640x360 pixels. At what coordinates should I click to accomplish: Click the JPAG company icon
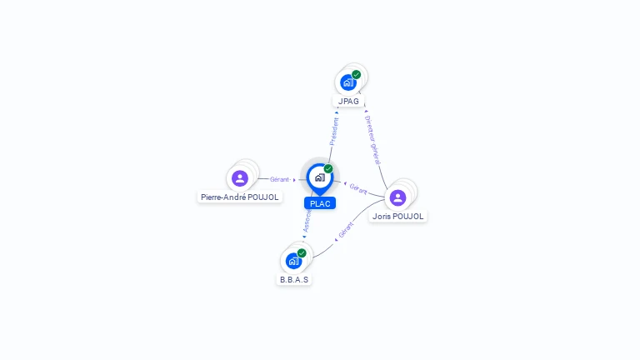point(347,82)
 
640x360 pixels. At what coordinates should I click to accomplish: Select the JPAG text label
point(348,102)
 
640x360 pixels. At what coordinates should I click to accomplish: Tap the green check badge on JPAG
point(357,74)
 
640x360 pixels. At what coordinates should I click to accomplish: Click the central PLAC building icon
point(319,177)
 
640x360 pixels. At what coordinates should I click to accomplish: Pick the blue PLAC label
point(319,203)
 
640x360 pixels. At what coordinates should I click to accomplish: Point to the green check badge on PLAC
point(328,169)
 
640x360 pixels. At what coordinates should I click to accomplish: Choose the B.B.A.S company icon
point(293,261)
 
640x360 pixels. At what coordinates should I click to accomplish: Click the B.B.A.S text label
point(294,280)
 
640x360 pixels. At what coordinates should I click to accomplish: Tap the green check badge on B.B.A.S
point(302,252)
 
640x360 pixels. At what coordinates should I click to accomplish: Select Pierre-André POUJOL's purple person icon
point(240,178)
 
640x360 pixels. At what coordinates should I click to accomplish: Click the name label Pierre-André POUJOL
point(239,197)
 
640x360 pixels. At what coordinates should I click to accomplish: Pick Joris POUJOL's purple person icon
point(397,197)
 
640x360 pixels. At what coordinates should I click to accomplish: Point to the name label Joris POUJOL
point(398,217)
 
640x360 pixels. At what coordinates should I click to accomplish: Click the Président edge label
point(334,131)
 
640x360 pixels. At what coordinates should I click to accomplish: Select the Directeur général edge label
point(372,139)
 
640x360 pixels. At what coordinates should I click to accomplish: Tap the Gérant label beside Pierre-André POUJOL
point(279,179)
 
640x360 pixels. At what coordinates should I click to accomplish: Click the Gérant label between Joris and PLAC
point(358,189)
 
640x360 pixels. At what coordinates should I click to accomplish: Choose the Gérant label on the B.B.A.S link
point(347,229)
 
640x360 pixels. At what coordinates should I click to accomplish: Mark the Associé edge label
point(307,219)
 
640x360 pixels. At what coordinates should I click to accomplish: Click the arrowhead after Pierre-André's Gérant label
point(295,179)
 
